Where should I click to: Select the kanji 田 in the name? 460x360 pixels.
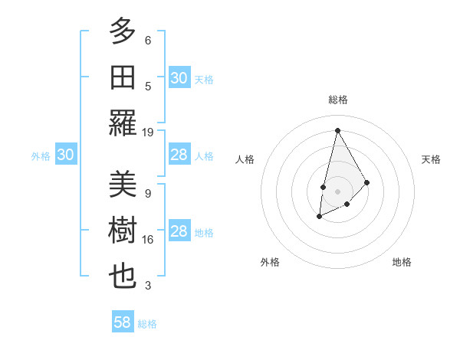(x=123, y=77)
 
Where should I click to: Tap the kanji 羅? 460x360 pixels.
(x=123, y=123)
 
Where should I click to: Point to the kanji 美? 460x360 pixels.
(x=123, y=185)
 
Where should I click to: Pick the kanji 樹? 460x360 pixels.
(x=123, y=231)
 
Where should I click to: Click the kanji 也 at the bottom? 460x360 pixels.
(x=123, y=277)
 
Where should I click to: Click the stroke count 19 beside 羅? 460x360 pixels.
(x=148, y=132)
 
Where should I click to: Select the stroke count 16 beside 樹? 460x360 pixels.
(x=148, y=240)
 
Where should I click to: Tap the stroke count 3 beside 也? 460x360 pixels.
(x=148, y=286)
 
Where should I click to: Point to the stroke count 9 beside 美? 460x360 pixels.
(x=148, y=193)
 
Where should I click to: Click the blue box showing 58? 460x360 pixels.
(x=123, y=322)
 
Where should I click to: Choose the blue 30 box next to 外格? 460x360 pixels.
(x=65, y=155)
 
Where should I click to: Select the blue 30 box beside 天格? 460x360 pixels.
(x=179, y=78)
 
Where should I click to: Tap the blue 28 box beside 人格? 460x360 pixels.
(x=179, y=155)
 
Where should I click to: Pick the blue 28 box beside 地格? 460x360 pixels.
(x=179, y=231)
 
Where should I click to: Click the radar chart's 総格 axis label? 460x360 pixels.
(x=337, y=100)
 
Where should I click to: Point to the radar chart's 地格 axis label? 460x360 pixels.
(x=402, y=262)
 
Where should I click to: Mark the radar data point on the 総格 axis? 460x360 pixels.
(x=337, y=129)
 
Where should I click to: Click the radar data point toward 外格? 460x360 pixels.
(x=320, y=218)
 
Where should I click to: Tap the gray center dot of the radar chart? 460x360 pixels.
(x=337, y=191)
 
